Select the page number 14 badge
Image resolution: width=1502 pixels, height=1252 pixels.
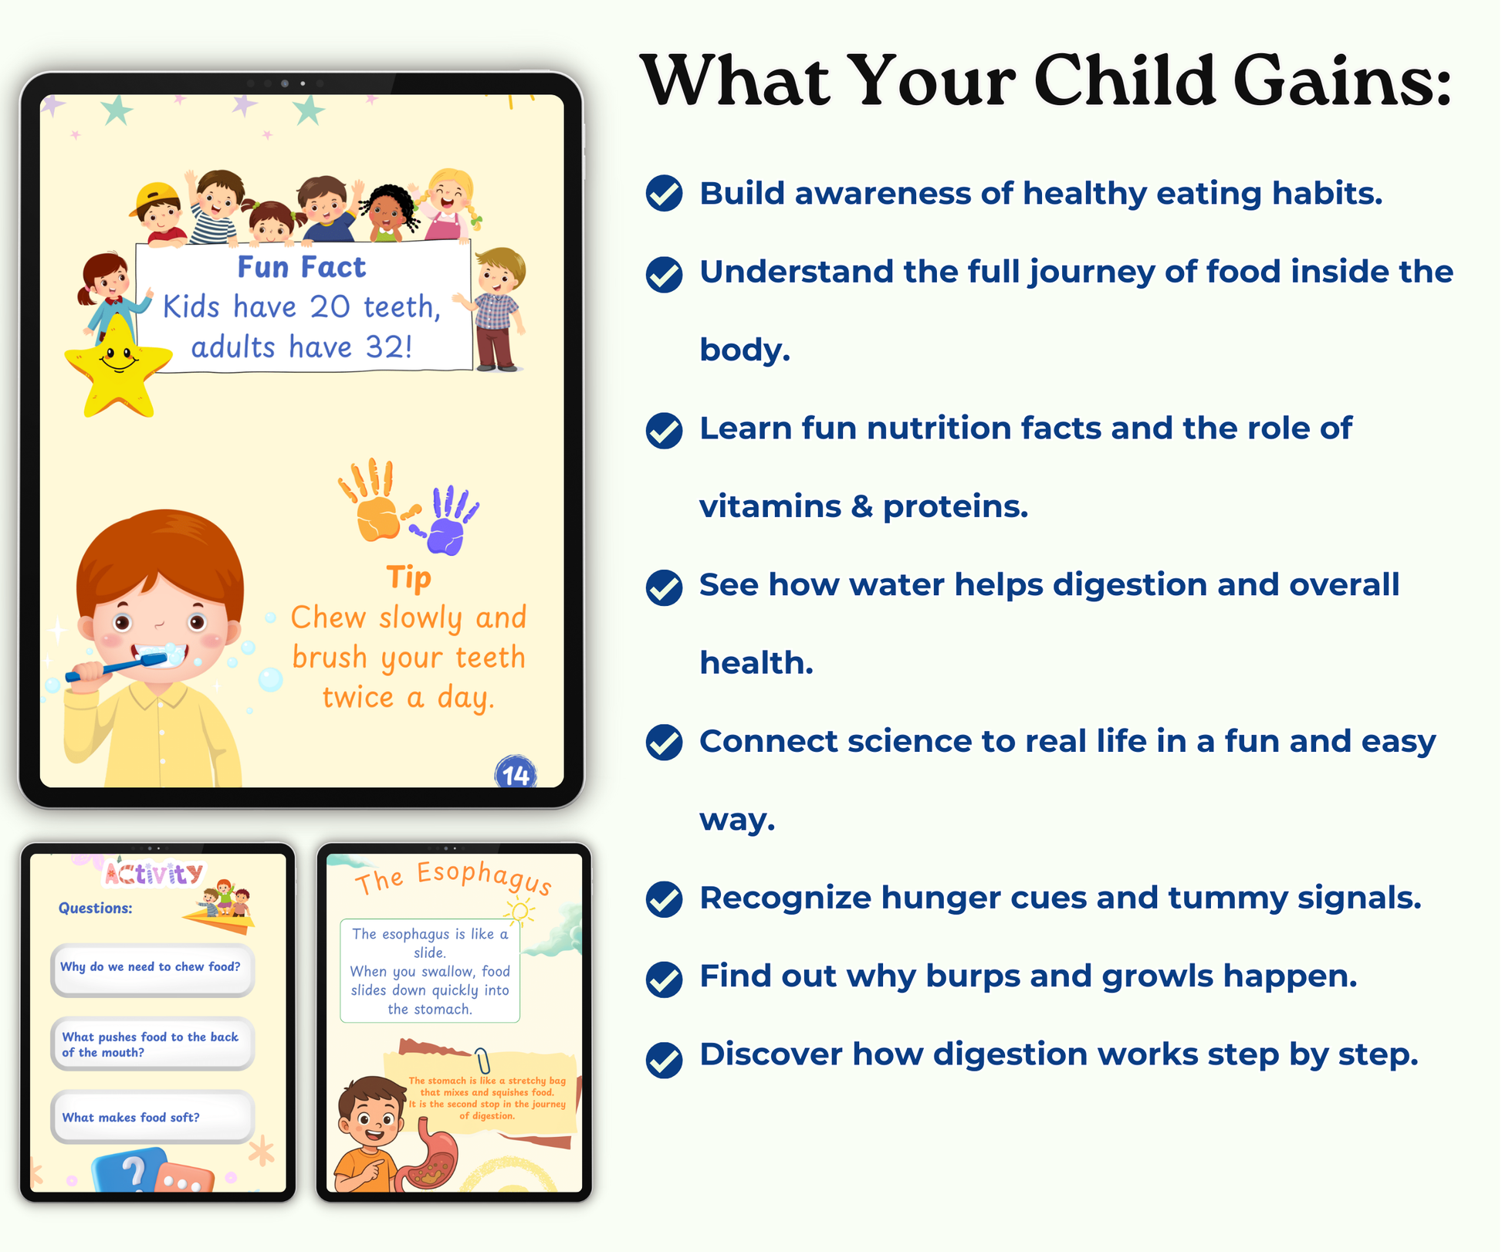[516, 773]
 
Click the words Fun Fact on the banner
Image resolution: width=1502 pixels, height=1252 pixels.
[301, 267]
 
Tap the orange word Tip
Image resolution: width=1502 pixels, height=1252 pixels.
[408, 577]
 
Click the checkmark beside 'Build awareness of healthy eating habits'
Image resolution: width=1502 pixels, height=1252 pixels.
[664, 193]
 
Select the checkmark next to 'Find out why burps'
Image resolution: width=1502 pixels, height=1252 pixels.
[664, 980]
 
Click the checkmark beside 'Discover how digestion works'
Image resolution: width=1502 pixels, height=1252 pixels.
[664, 1059]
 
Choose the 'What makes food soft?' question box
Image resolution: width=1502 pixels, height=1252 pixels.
[153, 1117]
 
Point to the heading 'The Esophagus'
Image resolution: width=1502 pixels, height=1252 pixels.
[454, 879]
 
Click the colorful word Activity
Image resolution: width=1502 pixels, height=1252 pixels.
[154, 874]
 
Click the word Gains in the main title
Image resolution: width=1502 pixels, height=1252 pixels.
[1343, 81]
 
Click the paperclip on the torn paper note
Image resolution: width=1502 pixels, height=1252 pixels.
[482, 1061]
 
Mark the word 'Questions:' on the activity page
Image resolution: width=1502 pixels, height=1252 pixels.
[96, 909]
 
